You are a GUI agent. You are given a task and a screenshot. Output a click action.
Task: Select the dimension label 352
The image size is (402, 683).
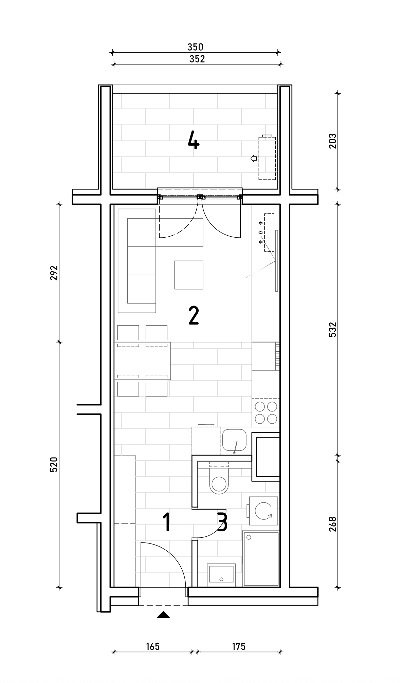pyautogui.click(x=197, y=59)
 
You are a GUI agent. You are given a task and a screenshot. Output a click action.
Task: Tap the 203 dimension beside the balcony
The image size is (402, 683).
pyautogui.click(x=332, y=141)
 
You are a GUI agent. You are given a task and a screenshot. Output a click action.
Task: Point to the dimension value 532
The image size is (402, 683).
pyautogui.click(x=332, y=329)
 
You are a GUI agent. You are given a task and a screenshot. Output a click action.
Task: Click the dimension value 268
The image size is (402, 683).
pyautogui.click(x=332, y=524)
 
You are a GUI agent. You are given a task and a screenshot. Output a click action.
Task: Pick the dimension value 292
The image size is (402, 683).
pyautogui.click(x=54, y=273)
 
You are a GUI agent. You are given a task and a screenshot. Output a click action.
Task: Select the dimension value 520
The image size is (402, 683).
pyautogui.click(x=54, y=464)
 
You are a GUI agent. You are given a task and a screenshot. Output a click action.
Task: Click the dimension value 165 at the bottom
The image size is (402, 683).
pyautogui.click(x=153, y=647)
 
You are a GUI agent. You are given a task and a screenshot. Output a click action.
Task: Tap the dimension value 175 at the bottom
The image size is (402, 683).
pyautogui.click(x=239, y=647)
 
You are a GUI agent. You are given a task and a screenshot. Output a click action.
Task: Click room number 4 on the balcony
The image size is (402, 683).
pyautogui.click(x=194, y=141)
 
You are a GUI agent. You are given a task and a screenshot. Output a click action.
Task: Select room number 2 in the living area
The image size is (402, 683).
pyautogui.click(x=194, y=316)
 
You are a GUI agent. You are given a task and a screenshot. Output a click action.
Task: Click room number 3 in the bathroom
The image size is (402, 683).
pyautogui.click(x=222, y=522)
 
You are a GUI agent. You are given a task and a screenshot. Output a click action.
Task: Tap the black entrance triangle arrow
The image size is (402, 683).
pyautogui.click(x=163, y=614)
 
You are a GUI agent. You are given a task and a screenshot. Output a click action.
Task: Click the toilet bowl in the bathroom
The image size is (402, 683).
pyautogui.click(x=219, y=479)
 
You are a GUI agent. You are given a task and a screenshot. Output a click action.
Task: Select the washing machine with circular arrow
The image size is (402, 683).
pyautogui.click(x=263, y=511)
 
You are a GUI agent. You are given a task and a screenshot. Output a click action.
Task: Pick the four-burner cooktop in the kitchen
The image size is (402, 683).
pyautogui.click(x=266, y=412)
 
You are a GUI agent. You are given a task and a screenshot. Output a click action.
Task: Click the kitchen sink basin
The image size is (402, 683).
pyautogui.click(x=234, y=440)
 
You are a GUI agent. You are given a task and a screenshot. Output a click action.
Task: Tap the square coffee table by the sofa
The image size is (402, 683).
pyautogui.click(x=189, y=275)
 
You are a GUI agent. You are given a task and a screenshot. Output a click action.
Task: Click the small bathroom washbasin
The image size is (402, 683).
pyautogui.click(x=221, y=575)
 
